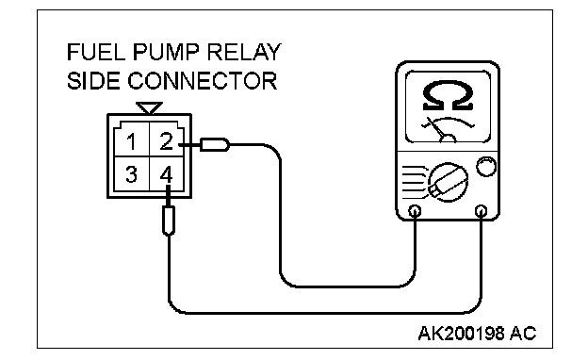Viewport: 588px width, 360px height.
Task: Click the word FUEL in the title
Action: point(96,52)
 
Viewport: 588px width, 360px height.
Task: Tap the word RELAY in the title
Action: point(244,52)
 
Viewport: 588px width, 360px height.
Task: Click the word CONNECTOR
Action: point(203,81)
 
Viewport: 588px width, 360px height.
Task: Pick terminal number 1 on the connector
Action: point(131,142)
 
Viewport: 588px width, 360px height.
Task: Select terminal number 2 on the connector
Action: point(166,141)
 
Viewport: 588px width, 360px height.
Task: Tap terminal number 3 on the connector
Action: point(131,174)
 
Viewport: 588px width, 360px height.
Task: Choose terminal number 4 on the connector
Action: point(166,174)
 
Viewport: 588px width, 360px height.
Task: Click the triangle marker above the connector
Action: point(149,107)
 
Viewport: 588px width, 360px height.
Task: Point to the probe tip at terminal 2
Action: point(215,145)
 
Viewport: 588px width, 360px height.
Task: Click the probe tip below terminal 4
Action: point(169,221)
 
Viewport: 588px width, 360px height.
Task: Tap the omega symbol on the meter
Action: point(448,97)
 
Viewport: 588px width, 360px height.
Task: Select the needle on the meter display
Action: point(436,129)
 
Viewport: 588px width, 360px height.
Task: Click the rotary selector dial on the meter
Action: point(448,182)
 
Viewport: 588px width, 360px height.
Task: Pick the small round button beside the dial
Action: point(486,167)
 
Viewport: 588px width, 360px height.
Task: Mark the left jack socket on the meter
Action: point(415,211)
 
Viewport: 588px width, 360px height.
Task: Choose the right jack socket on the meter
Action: point(481,211)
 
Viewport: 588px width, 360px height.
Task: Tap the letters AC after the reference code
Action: point(523,333)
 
